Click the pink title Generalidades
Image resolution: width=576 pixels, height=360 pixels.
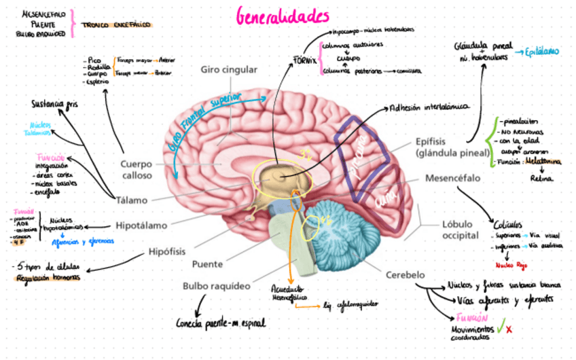[x=283, y=16]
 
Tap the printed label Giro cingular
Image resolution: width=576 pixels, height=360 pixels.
[x=229, y=70]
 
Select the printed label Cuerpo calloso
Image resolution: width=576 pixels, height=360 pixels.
[x=137, y=169]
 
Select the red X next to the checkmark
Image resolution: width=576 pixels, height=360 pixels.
[x=509, y=330]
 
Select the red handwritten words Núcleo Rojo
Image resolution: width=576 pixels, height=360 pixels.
[x=511, y=266]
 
